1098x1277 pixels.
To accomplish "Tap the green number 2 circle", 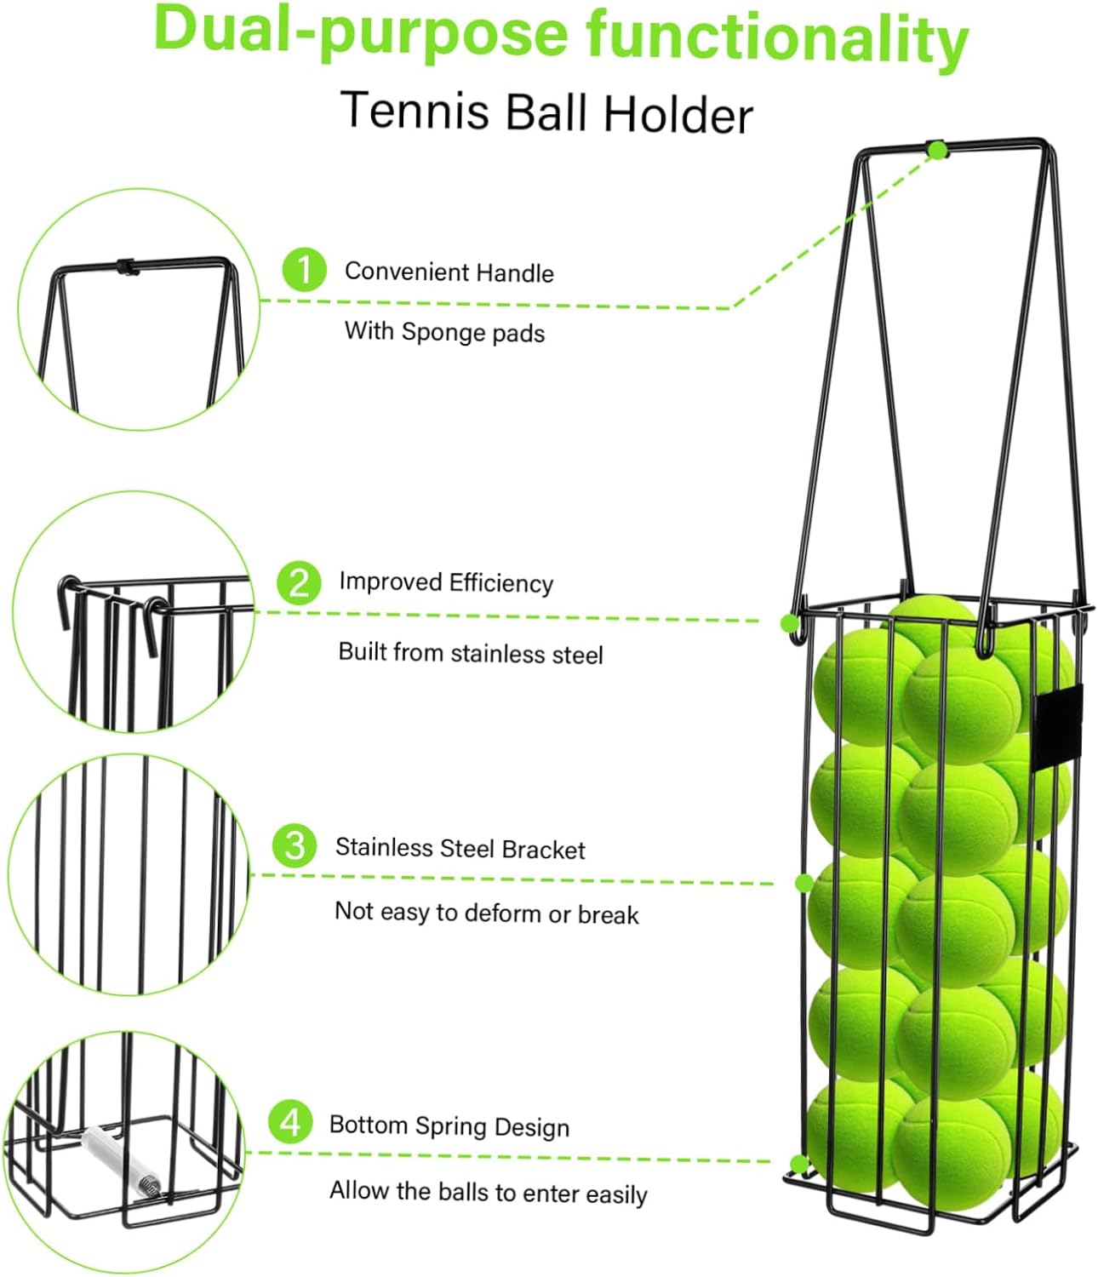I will click(x=299, y=582).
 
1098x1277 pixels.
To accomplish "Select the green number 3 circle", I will click(x=295, y=846).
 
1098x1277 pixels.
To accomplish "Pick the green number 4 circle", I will click(x=290, y=1122).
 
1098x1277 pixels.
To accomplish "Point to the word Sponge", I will click(x=437, y=331).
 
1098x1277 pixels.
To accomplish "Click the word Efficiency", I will click(x=500, y=583).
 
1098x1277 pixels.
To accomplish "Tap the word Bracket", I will click(x=543, y=850).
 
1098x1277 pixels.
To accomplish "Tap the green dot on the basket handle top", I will click(x=937, y=151).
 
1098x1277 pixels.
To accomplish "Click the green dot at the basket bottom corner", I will click(x=798, y=1164).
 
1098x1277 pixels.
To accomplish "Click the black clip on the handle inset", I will click(x=127, y=267).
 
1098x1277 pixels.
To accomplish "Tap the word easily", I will click(x=616, y=1194).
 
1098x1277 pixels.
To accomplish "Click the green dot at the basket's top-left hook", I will click(x=789, y=623).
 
